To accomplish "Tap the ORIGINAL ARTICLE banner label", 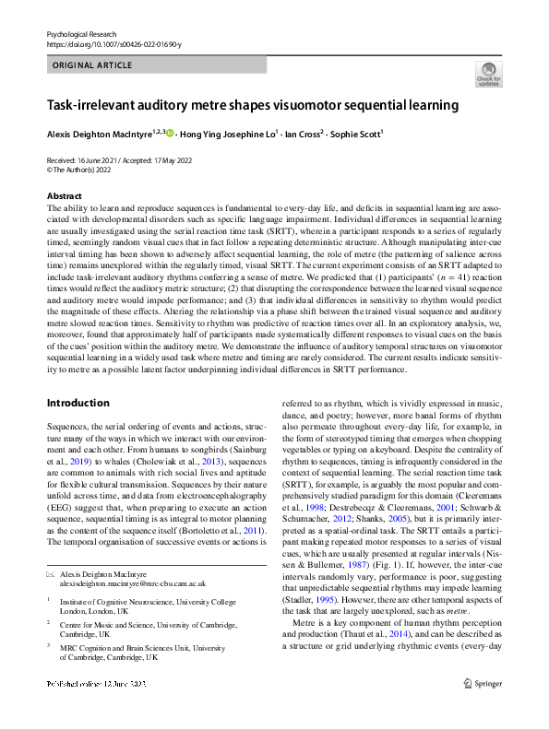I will coord(92,66).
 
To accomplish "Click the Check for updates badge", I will coord(488,75).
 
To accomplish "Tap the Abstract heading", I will coord(65,195).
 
